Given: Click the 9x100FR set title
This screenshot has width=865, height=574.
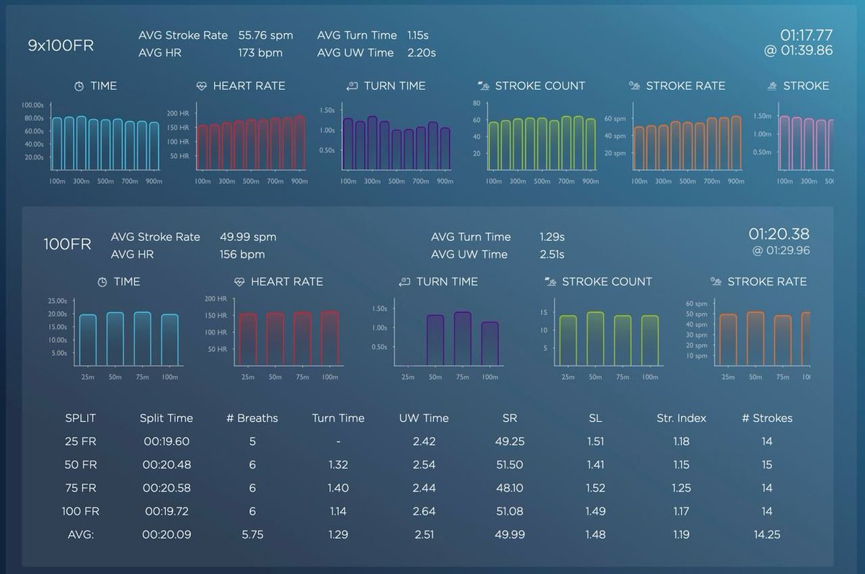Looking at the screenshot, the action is point(61,45).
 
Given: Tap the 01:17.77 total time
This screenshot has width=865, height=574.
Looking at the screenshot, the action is point(807,35).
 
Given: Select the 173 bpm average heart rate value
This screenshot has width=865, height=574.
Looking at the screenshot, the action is point(260,53).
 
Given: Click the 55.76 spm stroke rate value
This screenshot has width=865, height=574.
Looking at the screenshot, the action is point(266,35).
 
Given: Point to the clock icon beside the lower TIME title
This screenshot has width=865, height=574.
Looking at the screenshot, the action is point(102,282).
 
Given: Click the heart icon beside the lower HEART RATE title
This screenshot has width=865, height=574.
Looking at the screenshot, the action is point(239,282).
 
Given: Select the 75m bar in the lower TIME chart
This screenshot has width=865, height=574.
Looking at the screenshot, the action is point(143,338).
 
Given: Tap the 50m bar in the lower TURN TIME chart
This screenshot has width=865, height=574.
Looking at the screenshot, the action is point(435,340).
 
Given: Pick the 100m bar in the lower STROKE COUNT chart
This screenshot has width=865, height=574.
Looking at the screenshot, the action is point(650,340).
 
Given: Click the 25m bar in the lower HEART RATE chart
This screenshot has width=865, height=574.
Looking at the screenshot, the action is point(248,339).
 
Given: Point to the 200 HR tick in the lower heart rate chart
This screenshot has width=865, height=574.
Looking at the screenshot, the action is point(216,299).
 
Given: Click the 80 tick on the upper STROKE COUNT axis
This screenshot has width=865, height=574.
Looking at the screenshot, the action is point(476,103).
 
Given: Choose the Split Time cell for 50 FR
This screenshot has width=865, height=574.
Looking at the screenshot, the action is point(167,464).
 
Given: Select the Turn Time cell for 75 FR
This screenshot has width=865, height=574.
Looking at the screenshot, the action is point(338,488).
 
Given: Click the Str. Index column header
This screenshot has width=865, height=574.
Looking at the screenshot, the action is point(681,418).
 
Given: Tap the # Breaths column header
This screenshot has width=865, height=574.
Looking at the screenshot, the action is point(252,418).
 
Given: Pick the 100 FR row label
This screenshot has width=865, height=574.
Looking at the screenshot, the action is point(80,511).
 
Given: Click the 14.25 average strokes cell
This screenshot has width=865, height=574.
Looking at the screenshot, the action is point(767,534).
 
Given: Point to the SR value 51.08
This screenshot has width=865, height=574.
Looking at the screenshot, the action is point(510,511).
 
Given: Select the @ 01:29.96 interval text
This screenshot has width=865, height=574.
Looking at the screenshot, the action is point(781,250).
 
